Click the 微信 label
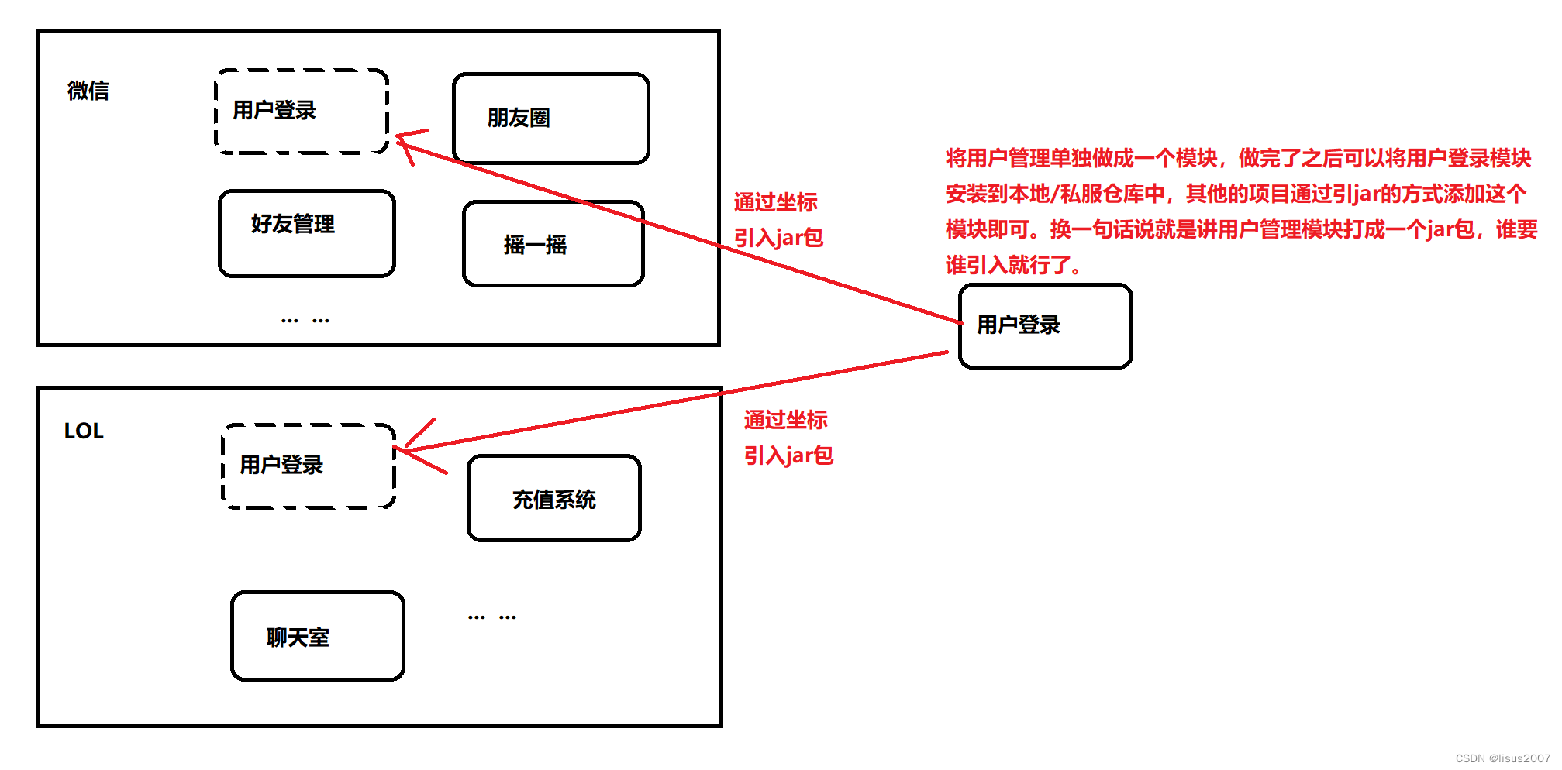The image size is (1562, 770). (x=88, y=91)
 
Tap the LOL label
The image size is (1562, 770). (x=84, y=431)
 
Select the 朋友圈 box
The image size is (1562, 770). (x=550, y=119)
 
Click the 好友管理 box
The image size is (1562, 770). (x=307, y=233)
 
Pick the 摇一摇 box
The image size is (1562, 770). (x=553, y=244)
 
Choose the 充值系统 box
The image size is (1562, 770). (x=554, y=499)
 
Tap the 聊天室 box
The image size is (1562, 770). (x=318, y=636)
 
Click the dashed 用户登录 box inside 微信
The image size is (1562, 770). (x=302, y=112)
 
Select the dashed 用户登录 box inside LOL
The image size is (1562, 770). (x=309, y=466)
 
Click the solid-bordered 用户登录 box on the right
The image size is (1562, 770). (x=1045, y=325)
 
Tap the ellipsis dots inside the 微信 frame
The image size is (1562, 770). (x=305, y=320)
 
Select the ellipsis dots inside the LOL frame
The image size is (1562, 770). (x=491, y=617)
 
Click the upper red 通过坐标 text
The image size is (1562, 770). (x=775, y=202)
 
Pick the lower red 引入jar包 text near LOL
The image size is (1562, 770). (x=788, y=455)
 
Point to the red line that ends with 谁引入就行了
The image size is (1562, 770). (x=1012, y=265)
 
